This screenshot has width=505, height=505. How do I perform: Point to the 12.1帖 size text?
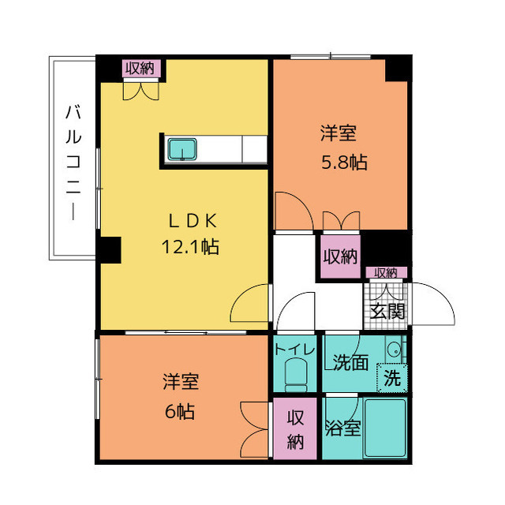(189, 247)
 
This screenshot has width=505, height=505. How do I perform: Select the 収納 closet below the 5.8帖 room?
(340, 256)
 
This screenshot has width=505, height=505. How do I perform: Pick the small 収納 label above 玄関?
(386, 272)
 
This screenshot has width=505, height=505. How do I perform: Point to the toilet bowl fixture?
(295, 374)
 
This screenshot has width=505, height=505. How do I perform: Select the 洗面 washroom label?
(350, 362)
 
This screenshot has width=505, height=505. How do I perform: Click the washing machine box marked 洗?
(391, 378)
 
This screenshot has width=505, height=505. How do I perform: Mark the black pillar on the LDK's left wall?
(108, 250)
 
